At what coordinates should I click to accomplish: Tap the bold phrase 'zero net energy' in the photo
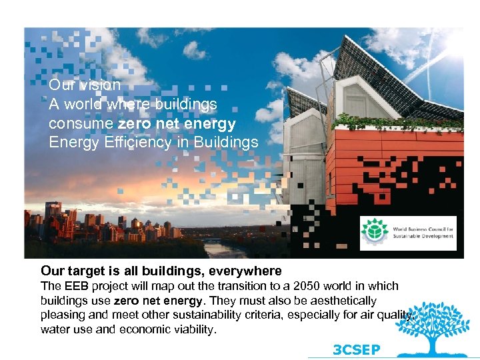point(177,124)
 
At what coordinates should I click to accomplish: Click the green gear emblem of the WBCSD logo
point(375,232)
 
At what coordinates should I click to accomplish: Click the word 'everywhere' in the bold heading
point(245,271)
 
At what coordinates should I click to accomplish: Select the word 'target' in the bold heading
point(85,271)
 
